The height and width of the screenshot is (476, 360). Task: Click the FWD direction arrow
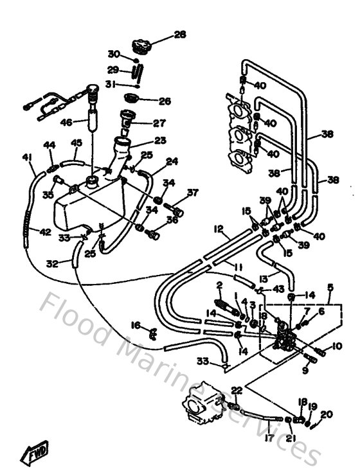click(x=34, y=455)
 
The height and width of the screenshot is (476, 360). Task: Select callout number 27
click(x=159, y=123)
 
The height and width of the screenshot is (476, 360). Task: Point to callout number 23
click(x=159, y=139)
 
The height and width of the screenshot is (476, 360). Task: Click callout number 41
click(x=26, y=157)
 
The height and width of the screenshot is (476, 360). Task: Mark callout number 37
click(x=192, y=193)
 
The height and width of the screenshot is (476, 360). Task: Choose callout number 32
click(x=52, y=263)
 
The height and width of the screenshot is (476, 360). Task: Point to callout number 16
click(x=136, y=326)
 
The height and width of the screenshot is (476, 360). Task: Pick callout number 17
click(x=268, y=439)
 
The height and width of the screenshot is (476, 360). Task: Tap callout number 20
click(x=327, y=414)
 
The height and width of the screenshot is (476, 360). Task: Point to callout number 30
click(x=113, y=54)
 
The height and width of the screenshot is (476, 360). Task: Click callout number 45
click(x=76, y=143)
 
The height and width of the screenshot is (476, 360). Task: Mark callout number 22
click(x=237, y=391)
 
